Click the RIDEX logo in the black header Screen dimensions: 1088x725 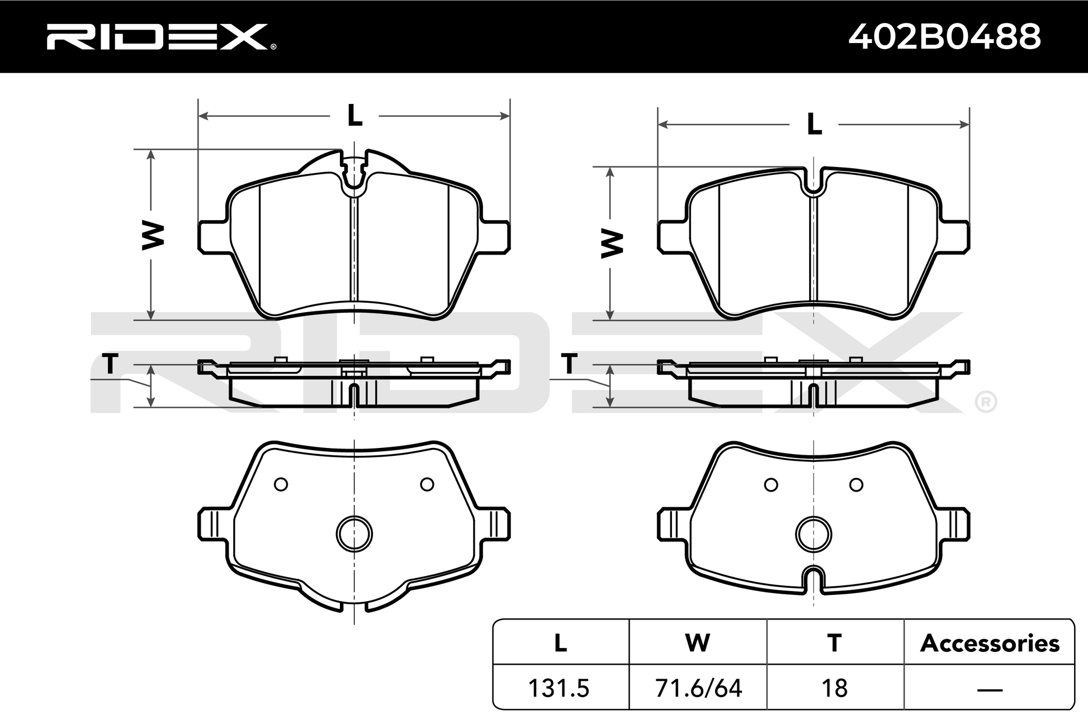tap(161, 37)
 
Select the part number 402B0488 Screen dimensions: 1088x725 tap(944, 37)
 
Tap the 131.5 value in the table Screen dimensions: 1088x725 tap(559, 688)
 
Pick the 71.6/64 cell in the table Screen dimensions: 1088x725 tap(698, 688)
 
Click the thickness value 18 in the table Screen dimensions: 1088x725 tap(834, 688)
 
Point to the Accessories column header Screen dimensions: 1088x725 tap(990, 643)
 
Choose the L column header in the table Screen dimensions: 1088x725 tap(560, 643)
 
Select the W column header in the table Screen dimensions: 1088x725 tap(698, 643)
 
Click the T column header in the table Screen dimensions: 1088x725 tap(834, 643)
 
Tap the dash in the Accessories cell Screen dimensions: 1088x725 tap(990, 690)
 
